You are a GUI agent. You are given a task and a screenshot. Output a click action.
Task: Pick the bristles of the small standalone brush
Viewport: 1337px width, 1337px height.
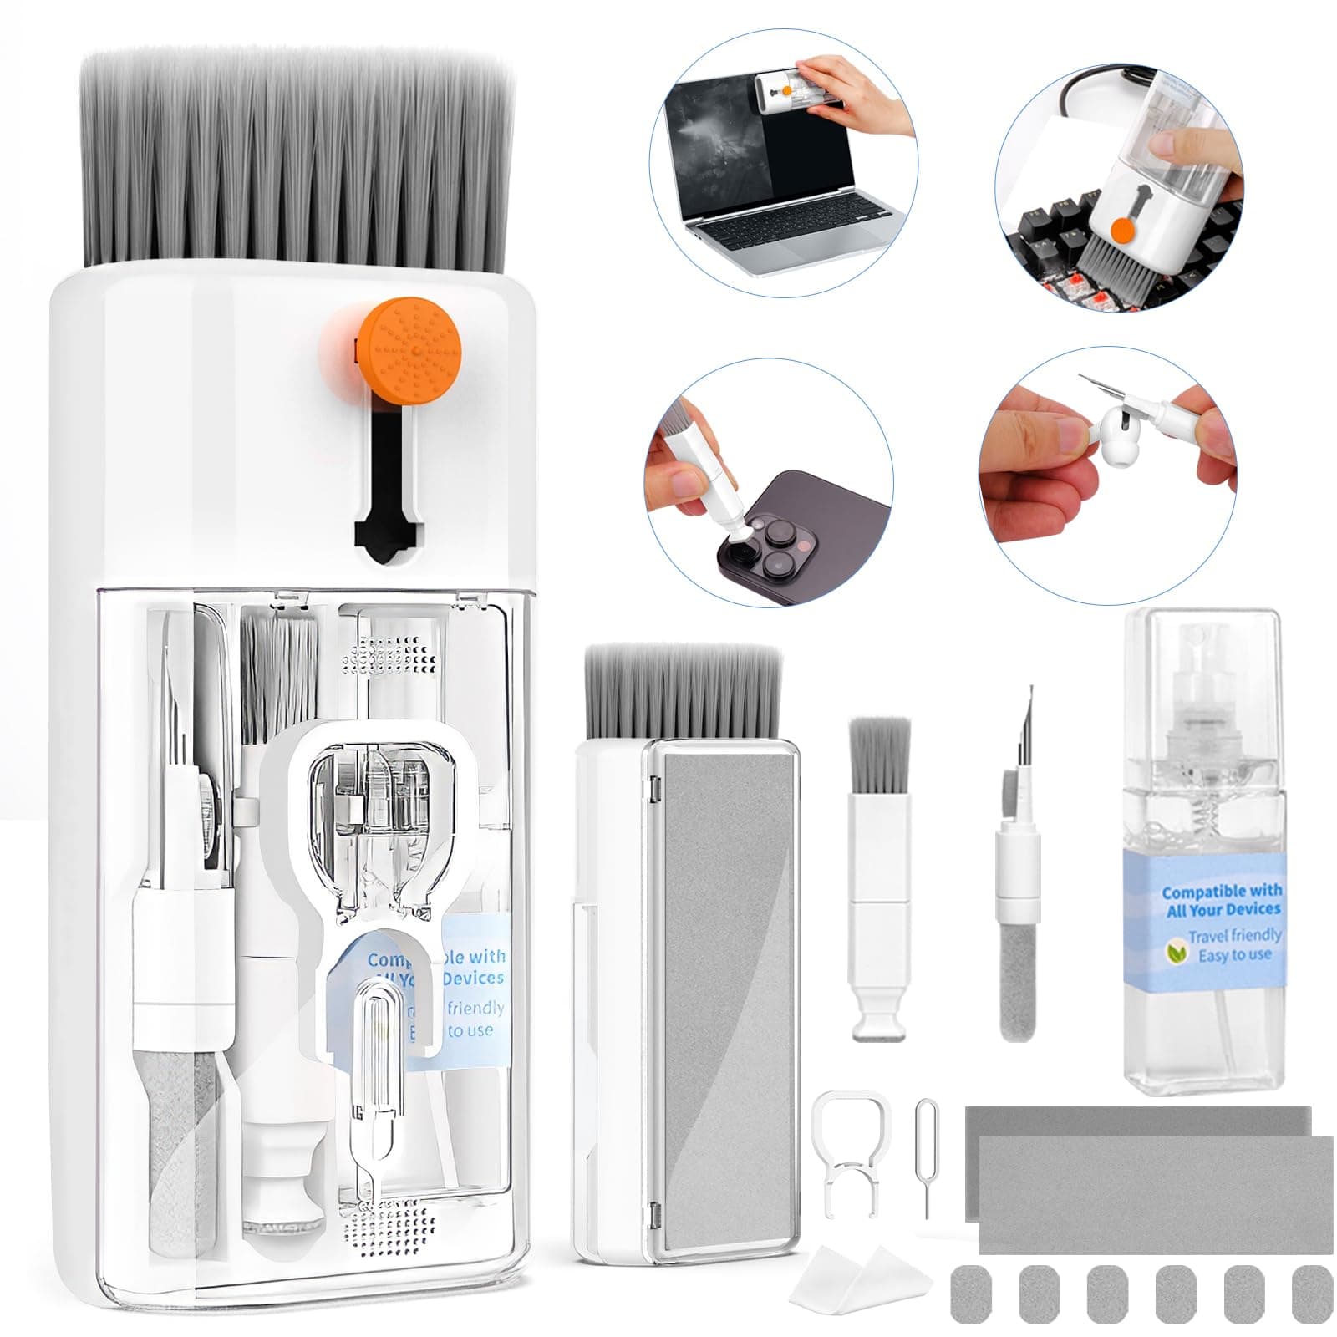coord(877,752)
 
